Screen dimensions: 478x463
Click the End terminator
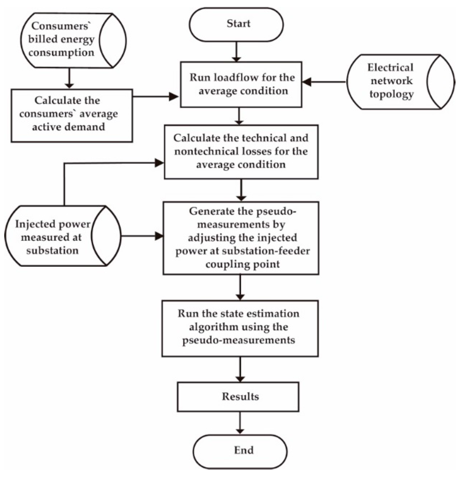tap(240, 451)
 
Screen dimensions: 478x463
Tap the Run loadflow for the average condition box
tap(241, 85)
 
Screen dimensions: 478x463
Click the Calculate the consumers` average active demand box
tap(72, 115)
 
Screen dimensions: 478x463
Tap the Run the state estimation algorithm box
tap(240, 328)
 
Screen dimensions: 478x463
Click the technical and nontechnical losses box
tap(241, 152)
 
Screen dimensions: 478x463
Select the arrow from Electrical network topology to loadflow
tap(324, 82)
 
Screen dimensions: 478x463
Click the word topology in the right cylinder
tap(391, 94)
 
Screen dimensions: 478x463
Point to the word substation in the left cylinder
tap(53, 251)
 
